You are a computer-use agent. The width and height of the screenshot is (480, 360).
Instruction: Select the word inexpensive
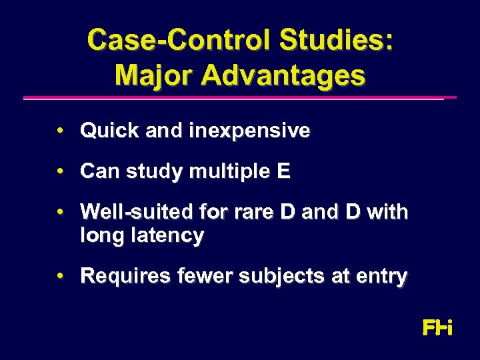(249, 131)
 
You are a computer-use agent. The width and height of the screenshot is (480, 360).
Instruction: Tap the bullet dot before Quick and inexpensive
(61, 131)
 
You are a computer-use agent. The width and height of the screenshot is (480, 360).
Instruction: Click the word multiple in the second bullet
(229, 172)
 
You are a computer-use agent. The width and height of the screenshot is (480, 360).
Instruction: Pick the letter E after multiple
(283, 172)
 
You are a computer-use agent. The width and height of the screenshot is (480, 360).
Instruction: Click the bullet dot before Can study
(61, 172)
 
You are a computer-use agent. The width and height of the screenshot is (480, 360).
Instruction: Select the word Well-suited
(131, 213)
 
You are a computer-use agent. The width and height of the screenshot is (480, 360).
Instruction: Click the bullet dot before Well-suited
(61, 213)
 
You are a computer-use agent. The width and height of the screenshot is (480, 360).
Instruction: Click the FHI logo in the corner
(437, 328)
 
